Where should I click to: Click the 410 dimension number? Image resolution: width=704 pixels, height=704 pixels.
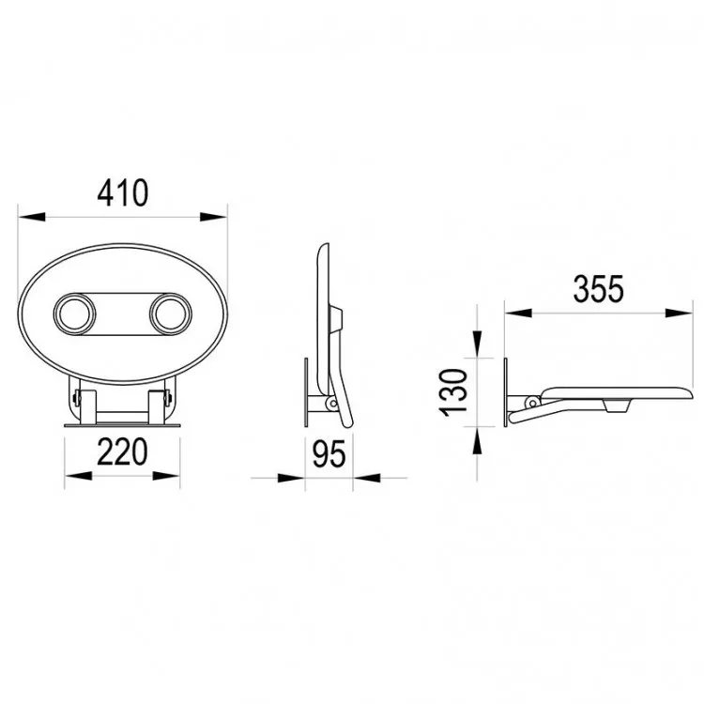[x=123, y=192]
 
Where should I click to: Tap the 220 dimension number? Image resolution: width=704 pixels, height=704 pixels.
[x=122, y=451]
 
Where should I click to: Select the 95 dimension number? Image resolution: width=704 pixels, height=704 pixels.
[x=329, y=454]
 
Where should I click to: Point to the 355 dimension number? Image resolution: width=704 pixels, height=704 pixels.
[x=599, y=288]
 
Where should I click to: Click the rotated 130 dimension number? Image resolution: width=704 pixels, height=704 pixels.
[x=453, y=392]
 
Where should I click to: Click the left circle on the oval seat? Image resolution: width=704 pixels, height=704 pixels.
[x=74, y=314]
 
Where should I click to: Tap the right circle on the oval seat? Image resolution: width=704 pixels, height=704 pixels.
[x=171, y=314]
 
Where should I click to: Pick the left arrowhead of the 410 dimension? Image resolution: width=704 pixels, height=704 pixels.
[x=32, y=217]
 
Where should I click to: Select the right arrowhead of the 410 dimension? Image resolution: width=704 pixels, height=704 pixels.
[x=214, y=217]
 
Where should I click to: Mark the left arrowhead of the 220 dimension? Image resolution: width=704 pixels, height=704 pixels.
[x=79, y=476]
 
